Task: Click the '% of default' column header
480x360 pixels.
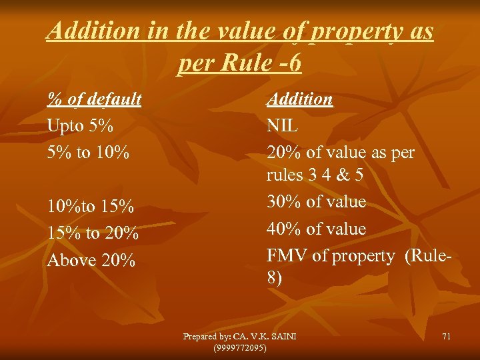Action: [x=94, y=99]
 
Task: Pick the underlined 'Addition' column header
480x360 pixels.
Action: [x=299, y=99]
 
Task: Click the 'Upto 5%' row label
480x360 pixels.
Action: [x=80, y=125]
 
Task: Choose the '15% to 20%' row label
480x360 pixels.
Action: [x=93, y=233]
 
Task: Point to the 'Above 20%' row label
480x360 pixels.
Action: [x=91, y=260]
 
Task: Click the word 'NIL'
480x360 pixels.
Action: [x=283, y=125]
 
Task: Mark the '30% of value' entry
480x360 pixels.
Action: [x=316, y=201]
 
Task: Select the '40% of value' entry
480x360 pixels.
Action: [x=316, y=229]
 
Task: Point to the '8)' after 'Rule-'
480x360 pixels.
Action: [x=275, y=277]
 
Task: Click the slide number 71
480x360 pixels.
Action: [x=446, y=337]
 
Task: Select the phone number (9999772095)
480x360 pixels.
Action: [x=239, y=348]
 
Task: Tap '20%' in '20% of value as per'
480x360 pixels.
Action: [x=283, y=153]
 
